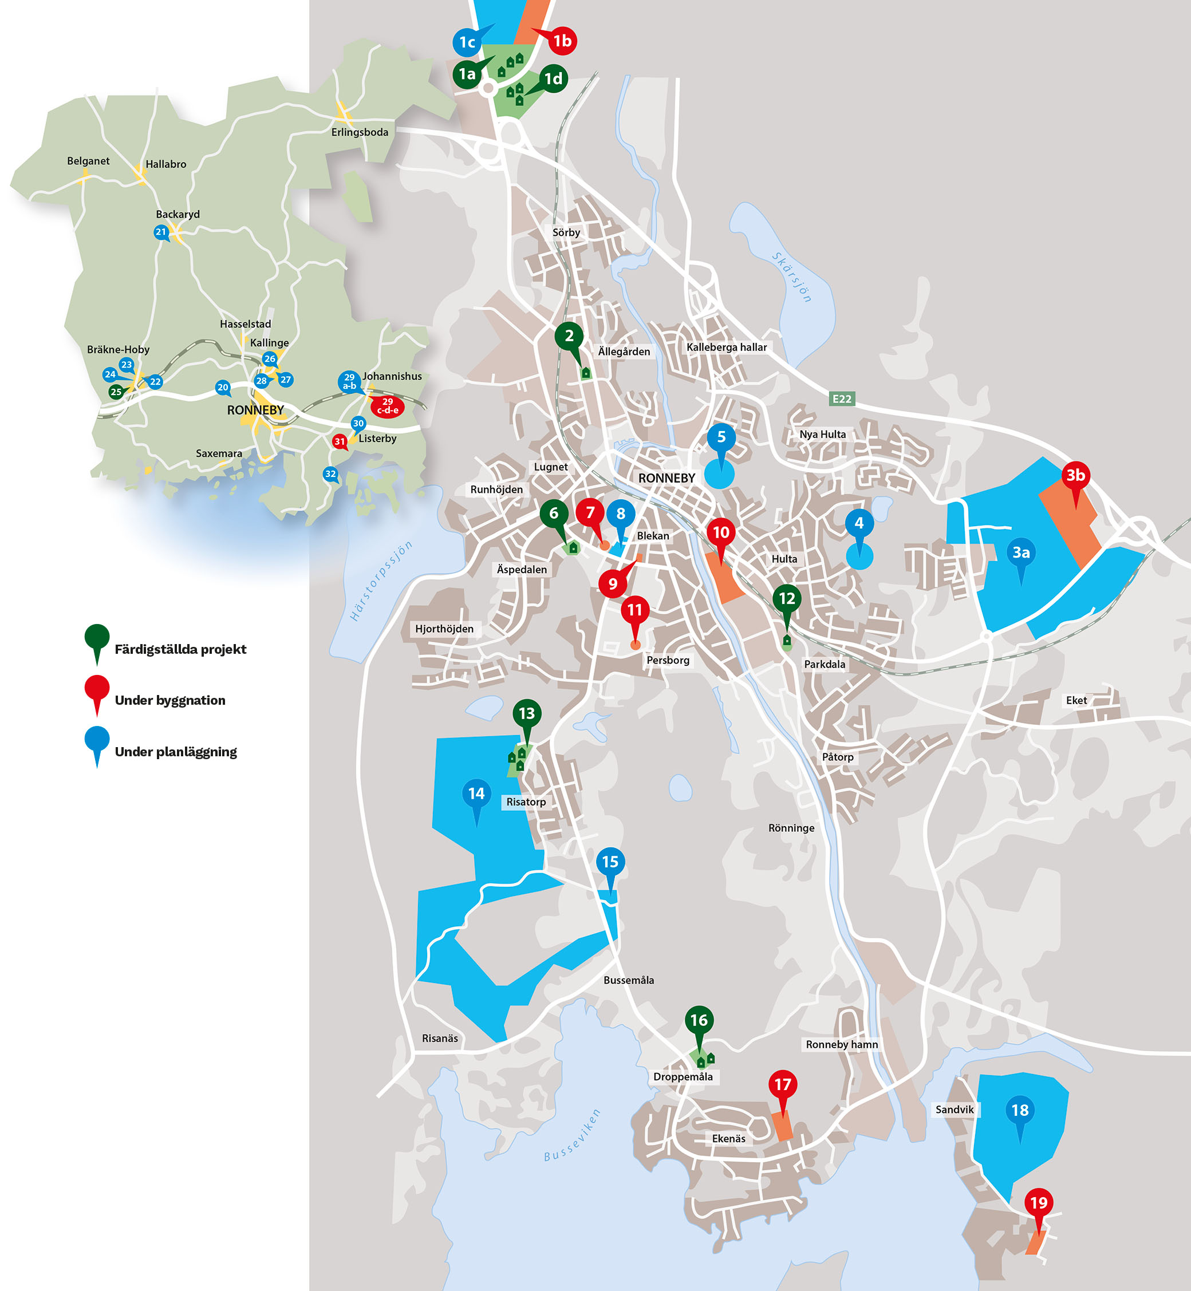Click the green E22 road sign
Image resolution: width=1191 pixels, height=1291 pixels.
(x=842, y=399)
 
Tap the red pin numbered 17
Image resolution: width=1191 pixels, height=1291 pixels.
(x=782, y=1085)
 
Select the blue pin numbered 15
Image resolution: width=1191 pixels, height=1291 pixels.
(x=610, y=862)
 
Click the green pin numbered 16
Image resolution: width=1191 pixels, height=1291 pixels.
(x=699, y=1020)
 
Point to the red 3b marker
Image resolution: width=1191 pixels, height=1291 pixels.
(x=1075, y=475)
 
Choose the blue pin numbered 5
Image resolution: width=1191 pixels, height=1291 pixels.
(x=721, y=437)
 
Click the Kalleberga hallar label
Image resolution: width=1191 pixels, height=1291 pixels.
(x=726, y=348)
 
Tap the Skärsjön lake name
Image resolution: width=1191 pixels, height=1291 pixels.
(x=792, y=277)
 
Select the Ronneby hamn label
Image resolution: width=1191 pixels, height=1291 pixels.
(x=842, y=1044)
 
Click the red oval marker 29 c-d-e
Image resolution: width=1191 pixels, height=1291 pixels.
(x=387, y=406)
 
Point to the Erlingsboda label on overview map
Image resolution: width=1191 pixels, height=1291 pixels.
(x=360, y=132)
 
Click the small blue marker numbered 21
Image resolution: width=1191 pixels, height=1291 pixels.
(x=161, y=232)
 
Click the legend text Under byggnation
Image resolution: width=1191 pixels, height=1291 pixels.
(x=170, y=700)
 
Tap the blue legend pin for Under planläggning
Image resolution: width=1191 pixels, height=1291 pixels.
(x=97, y=740)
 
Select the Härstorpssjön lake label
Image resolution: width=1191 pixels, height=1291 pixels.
(x=380, y=581)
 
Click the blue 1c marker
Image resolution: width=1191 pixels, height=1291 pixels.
(x=467, y=42)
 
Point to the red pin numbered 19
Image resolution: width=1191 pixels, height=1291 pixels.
(x=1038, y=1203)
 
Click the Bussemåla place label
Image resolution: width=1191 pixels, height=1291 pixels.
(x=628, y=980)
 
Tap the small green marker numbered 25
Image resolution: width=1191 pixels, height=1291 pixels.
(x=116, y=392)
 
